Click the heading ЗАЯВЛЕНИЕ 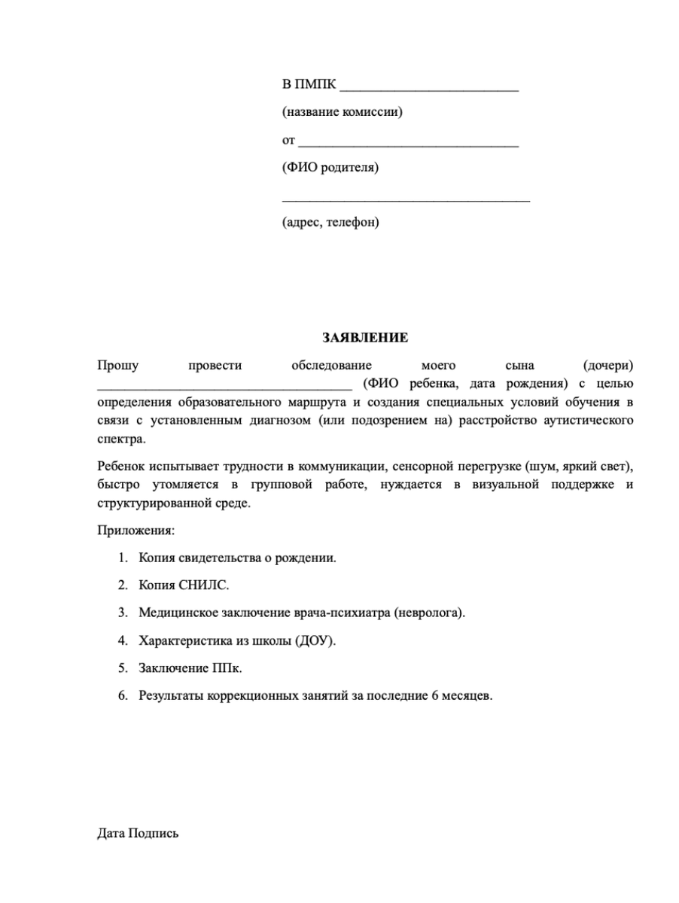(365, 338)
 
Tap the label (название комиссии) (343, 113)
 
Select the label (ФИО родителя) (330, 167)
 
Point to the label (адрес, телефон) (330, 222)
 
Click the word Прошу (118, 366)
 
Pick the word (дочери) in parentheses (608, 366)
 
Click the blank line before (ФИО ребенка (224, 385)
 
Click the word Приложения (135, 531)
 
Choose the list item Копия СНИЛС (184, 585)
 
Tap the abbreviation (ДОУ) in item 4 (321, 641)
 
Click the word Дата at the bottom (111, 834)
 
